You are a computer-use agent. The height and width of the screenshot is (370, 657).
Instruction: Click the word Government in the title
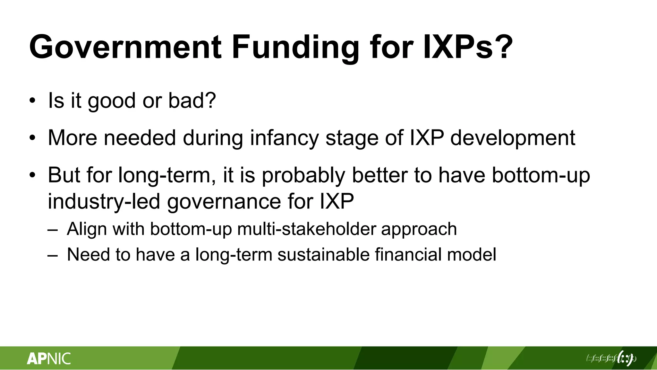tap(125, 48)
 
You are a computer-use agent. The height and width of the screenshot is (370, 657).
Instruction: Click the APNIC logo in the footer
tap(49, 358)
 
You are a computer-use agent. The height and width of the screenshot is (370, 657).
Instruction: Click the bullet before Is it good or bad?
tap(32, 101)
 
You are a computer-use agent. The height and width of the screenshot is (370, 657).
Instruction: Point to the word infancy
tap(284, 138)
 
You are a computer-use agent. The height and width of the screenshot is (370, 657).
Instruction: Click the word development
tap(513, 138)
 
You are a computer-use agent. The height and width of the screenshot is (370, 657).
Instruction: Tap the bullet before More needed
tap(32, 138)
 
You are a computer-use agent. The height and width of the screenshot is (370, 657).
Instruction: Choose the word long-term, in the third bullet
tap(167, 175)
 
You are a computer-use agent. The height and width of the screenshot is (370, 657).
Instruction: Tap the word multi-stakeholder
tap(307, 229)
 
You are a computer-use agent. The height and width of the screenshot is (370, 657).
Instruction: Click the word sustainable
tap(323, 254)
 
